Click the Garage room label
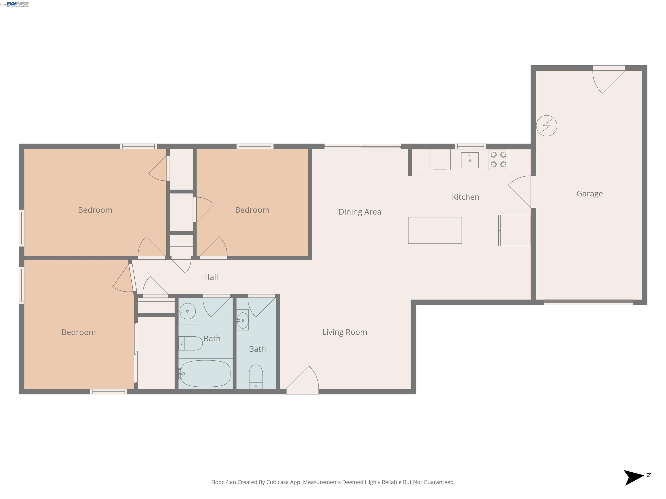tap(589, 194)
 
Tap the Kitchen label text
tap(465, 197)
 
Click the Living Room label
tap(344, 332)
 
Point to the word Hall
tap(211, 277)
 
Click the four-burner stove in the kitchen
tap(498, 159)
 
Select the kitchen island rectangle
tap(434, 230)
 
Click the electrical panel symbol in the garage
tap(547, 126)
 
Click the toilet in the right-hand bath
tap(256, 376)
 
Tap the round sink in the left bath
tap(187, 311)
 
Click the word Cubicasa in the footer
tap(277, 482)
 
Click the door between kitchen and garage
tap(533, 192)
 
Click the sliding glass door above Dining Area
tap(362, 146)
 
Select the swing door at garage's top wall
tap(609, 68)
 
